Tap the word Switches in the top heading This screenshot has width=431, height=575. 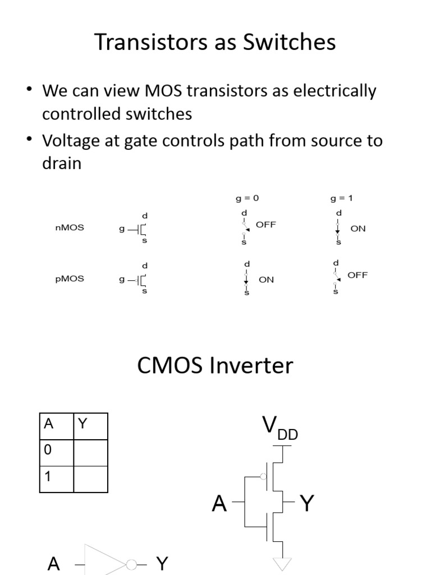289,42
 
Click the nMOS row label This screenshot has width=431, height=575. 70,228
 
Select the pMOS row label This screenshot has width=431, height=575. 70,279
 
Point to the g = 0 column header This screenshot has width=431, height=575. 247,198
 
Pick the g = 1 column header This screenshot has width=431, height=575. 342,198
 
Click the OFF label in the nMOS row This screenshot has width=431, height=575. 265,225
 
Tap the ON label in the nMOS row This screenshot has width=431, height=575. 357,229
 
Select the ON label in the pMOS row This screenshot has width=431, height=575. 266,280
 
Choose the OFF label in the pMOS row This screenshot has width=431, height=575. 357,275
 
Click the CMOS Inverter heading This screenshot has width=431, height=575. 215,365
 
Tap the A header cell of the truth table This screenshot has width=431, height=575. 57,426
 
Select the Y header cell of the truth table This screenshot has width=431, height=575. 90,426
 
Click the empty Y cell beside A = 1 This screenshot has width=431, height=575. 90,479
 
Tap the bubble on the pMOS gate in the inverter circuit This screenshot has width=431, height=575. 263,476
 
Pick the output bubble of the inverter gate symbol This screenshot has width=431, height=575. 131,565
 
